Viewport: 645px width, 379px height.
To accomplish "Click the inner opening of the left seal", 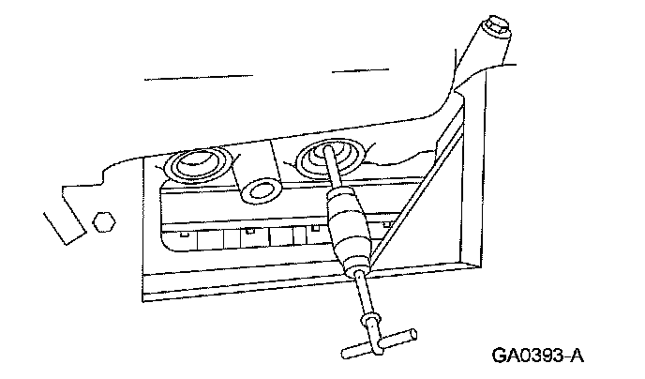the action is tap(197, 168).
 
